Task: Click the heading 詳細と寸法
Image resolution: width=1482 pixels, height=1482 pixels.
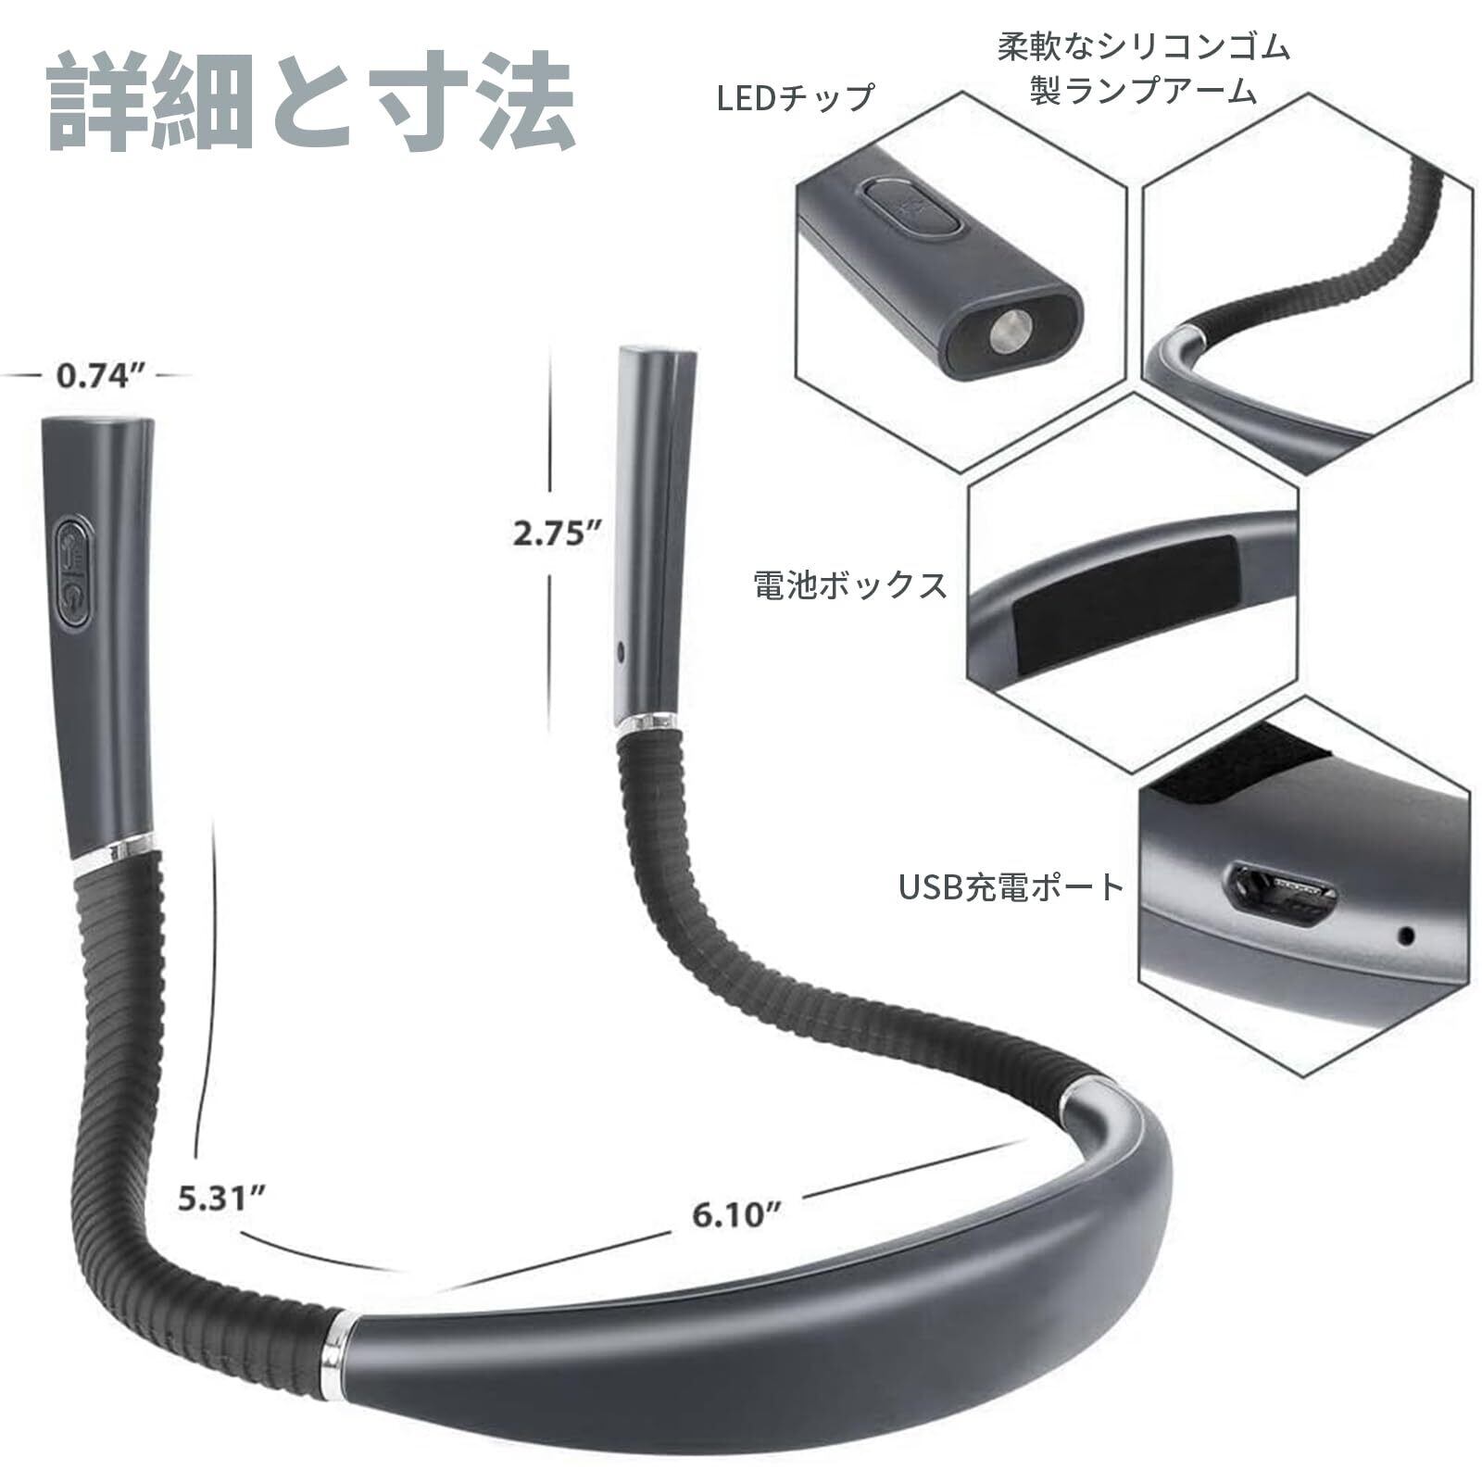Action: (x=311, y=104)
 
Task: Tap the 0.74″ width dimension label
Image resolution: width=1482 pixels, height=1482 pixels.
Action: (x=102, y=376)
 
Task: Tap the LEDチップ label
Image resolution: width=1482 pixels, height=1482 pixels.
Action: (x=796, y=96)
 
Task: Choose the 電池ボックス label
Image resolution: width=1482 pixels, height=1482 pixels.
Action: (x=850, y=584)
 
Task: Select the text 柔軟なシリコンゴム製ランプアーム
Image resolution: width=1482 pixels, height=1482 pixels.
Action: (x=1143, y=69)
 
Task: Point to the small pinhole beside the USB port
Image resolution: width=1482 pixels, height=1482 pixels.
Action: (x=1406, y=936)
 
